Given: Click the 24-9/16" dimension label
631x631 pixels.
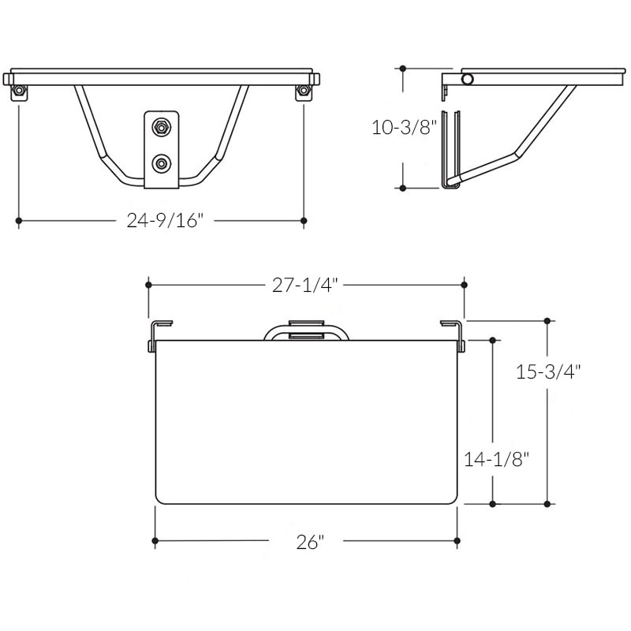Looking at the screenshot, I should (166, 221).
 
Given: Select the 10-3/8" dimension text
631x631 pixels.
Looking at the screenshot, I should (404, 127).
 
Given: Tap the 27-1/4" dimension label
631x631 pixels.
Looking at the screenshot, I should (305, 286).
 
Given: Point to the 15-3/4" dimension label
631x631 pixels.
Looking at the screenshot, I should (548, 372).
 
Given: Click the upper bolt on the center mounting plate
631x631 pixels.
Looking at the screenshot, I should (162, 126).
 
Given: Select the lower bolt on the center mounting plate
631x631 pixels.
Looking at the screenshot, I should (162, 163).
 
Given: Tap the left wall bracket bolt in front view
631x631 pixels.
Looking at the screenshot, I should (19, 92).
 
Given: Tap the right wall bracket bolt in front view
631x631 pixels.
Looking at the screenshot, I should (304, 92).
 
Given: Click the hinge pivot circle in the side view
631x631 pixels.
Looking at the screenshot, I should (468, 79).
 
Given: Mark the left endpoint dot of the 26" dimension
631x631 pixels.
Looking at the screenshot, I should (155, 541).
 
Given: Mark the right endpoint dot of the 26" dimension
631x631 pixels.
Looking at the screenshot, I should (457, 541).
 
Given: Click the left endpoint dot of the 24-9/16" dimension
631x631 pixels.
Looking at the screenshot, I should (19, 222).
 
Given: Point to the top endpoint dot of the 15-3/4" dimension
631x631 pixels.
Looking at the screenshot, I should (548, 321).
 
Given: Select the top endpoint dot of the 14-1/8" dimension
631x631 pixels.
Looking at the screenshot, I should (493, 340).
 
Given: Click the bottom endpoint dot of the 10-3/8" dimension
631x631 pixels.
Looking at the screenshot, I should (403, 189).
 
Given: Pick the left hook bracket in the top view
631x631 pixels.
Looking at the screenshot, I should (157, 334).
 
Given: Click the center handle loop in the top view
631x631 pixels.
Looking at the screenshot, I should (306, 330).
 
